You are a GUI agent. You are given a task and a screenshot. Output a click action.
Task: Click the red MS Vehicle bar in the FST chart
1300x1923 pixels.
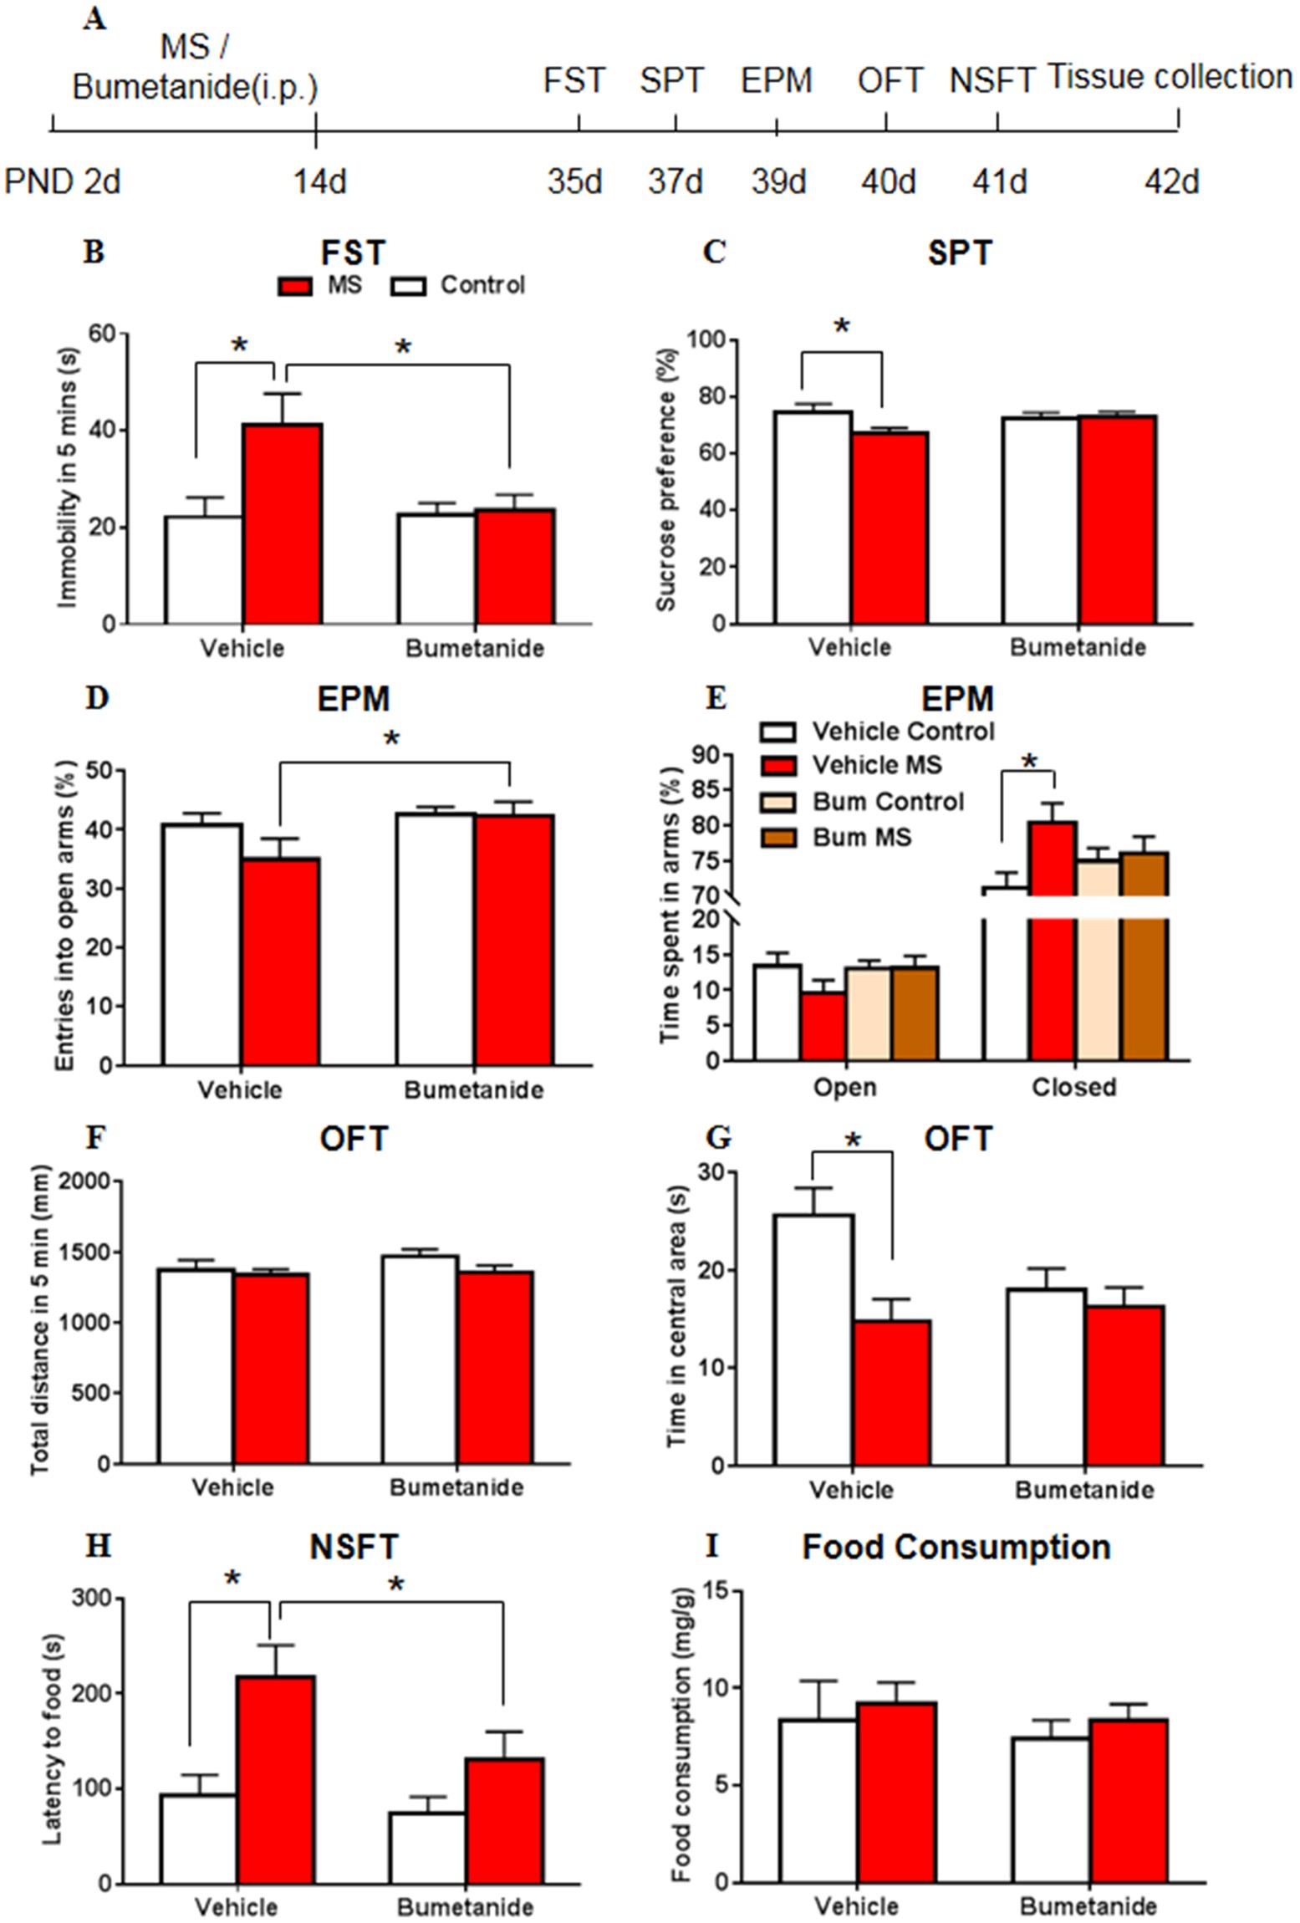coord(283,524)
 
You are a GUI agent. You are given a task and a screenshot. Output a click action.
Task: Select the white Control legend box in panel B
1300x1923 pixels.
coord(409,286)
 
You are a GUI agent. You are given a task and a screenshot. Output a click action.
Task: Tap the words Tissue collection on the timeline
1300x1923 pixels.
coord(1169,77)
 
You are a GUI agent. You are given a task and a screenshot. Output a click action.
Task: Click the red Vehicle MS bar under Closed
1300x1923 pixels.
coord(1053,978)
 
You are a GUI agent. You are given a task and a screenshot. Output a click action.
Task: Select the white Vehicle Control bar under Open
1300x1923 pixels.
coord(777,1013)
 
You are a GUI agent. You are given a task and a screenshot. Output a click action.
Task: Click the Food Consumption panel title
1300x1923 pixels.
coord(956,1547)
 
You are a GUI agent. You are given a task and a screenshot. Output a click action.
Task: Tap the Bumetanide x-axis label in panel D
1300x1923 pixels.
coord(473,1090)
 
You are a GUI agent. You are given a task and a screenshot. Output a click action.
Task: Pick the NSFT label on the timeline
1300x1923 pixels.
coord(992,81)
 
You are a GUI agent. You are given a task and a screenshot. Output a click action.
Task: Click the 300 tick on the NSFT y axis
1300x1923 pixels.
coord(94,1598)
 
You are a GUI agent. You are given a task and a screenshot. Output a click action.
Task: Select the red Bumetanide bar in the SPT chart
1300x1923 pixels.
coord(1116,519)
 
